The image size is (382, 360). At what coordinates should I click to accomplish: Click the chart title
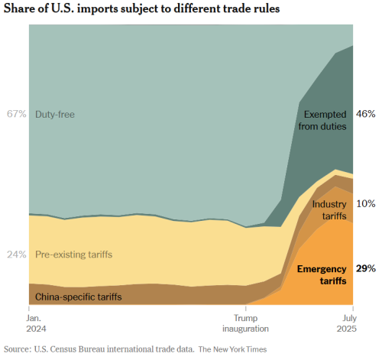142,8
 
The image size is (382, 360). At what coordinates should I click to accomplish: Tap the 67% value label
17,114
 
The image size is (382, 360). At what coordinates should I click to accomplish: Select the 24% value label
17,255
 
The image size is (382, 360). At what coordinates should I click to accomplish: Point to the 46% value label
366,114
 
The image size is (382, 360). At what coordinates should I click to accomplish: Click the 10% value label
366,203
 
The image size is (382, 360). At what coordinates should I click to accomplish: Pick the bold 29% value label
366,268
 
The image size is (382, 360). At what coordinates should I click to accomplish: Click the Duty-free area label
55,115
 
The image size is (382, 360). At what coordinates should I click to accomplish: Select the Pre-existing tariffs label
73,255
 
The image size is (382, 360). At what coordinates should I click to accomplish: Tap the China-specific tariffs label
79,297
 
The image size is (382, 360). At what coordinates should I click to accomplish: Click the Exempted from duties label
322,120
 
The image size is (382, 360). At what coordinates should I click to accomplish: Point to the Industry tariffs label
329,210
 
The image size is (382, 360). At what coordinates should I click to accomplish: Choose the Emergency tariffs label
322,275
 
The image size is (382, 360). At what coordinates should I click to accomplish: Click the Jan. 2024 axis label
36,323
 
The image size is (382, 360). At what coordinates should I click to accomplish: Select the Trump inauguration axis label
245,323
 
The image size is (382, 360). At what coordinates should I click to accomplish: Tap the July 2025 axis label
347,323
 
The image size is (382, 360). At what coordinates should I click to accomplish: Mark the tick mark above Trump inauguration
246,309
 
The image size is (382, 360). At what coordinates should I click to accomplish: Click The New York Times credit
232,349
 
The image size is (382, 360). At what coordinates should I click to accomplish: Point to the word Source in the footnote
18,349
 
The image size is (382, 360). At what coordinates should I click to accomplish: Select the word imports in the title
98,9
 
